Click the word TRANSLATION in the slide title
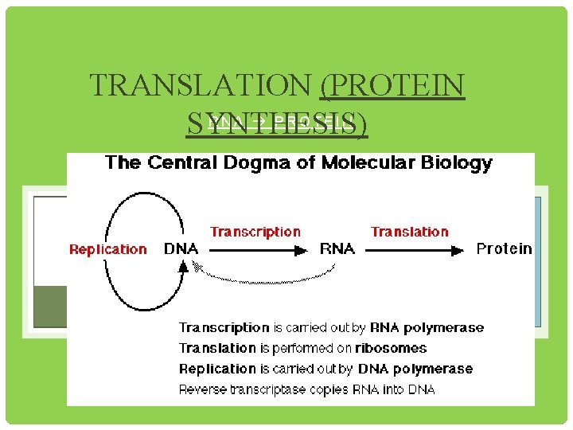click(202, 85)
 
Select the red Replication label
click(108, 249)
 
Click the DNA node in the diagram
click(181, 248)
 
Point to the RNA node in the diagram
click(337, 248)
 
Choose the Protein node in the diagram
click(504, 248)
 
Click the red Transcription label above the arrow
click(255, 232)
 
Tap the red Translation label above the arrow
click(410, 232)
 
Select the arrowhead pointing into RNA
click(301, 249)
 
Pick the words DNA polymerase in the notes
click(415, 369)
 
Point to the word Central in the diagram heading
click(177, 163)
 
